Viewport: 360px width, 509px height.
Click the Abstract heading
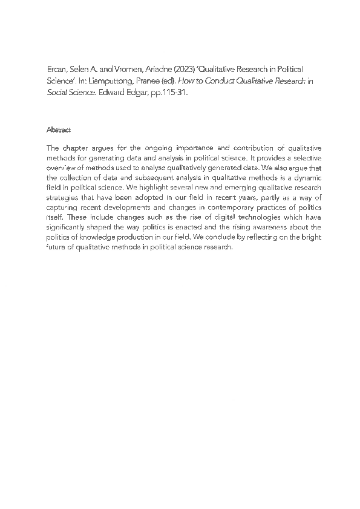coord(59,130)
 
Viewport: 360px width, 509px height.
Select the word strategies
coord(62,198)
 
